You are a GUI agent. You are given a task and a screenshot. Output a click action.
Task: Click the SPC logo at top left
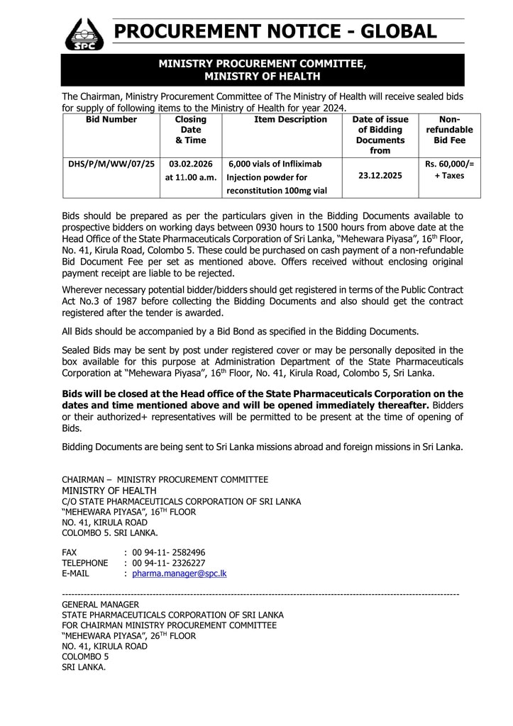(84, 33)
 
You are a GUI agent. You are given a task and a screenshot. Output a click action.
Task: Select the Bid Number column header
(111, 120)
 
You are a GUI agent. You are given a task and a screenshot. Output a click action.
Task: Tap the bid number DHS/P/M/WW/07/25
(111, 164)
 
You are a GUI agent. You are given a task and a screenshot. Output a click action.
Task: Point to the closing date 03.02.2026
(191, 164)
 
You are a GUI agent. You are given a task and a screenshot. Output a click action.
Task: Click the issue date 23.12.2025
(380, 176)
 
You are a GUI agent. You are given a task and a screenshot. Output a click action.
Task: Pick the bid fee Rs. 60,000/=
(449, 164)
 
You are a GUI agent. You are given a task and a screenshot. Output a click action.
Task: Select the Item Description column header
(290, 120)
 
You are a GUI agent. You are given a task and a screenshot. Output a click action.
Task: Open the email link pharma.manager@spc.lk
(180, 574)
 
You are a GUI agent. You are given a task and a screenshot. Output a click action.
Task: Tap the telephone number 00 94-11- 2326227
(169, 563)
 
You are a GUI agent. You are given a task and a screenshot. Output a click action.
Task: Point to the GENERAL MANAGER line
(100, 604)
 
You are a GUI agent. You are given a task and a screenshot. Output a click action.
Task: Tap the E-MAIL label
(75, 574)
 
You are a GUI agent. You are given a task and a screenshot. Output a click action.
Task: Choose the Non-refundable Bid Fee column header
(449, 130)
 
